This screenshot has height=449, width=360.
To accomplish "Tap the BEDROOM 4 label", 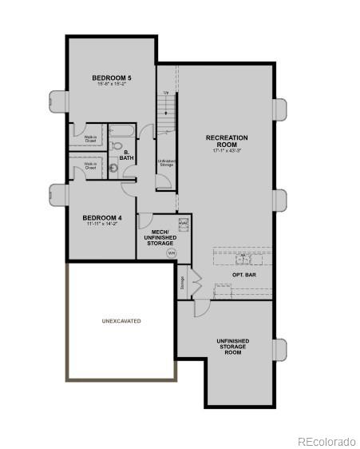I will coord(102,217).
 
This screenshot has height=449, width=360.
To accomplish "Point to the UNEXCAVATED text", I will coord(121,321).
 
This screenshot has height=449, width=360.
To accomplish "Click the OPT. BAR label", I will coord(244,275).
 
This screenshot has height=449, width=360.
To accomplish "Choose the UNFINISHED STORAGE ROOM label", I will coord(232,346).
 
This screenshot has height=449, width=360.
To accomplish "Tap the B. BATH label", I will coord(127,155).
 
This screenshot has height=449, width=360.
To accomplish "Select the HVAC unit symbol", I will coord(183,224).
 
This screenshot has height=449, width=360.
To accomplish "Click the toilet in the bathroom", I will coord(117,146).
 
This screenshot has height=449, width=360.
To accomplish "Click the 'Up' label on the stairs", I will coord(166,93).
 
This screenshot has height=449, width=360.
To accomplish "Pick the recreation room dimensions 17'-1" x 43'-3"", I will coord(227,150).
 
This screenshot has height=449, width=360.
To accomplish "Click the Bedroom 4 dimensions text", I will coord(102,224).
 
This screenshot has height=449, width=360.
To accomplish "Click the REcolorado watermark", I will coord(326,440).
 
